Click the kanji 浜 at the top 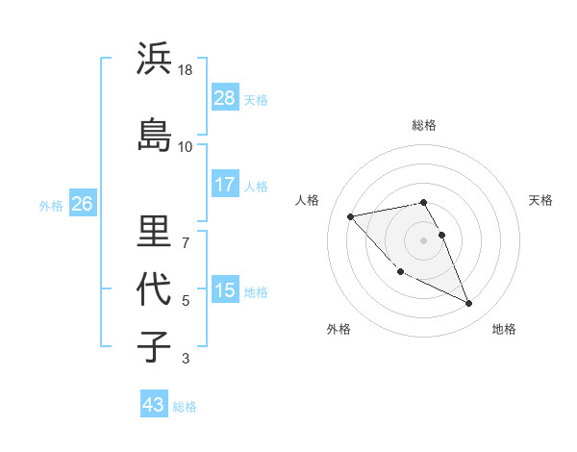coord(155,60)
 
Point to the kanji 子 coord(155,345)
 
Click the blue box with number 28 coord(225,97)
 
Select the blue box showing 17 coord(225,185)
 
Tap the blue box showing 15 coord(225,290)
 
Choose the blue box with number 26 coord(83,203)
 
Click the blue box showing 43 coord(154,405)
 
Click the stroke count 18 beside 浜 coord(186,70)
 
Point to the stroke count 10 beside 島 coord(186,146)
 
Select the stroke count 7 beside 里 coord(186,242)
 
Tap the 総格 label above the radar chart coord(424,125)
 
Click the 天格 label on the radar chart coord(541,200)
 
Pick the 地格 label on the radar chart coord(504,329)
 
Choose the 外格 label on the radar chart coord(339,329)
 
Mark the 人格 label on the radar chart coord(307,200)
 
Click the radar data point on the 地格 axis coord(469,304)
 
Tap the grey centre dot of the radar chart coord(424,240)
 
